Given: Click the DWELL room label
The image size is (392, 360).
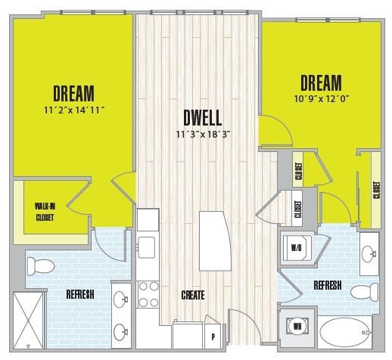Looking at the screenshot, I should click(202, 119).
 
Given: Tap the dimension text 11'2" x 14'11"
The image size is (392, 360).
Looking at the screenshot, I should click(73, 110).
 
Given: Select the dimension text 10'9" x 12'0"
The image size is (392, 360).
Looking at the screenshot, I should click(321, 97).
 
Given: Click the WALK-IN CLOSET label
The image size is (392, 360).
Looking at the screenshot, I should click(45, 211).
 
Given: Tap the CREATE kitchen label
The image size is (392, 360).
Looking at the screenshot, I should click(192, 294).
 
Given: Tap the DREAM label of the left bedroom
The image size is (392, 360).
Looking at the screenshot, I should click(73, 93).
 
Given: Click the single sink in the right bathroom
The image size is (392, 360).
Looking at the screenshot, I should click(369, 255).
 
